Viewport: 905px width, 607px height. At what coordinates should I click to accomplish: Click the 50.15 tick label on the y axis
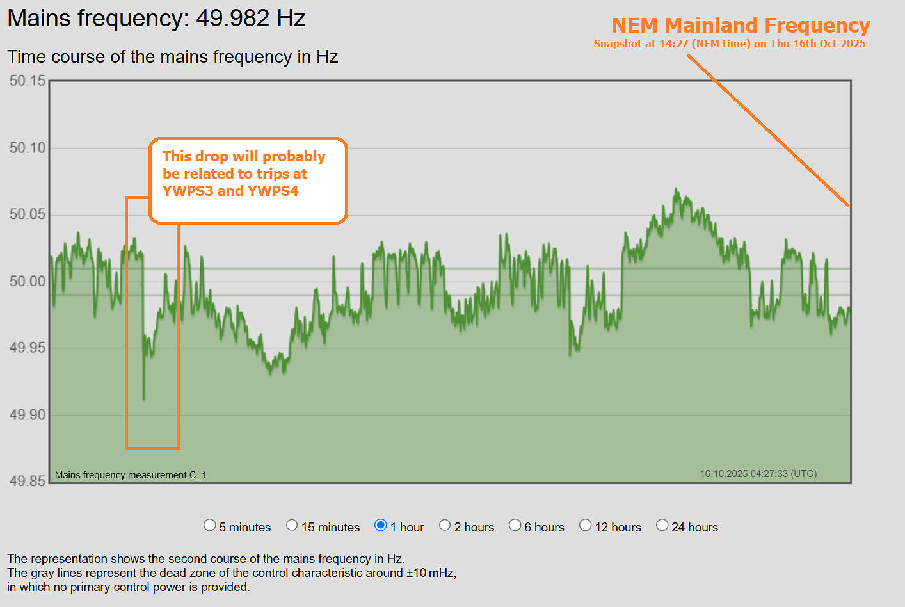[28, 81]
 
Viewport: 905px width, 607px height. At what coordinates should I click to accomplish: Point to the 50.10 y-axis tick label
[28, 148]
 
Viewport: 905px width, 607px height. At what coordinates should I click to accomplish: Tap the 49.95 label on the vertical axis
[28, 348]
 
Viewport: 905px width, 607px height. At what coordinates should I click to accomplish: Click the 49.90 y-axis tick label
[28, 415]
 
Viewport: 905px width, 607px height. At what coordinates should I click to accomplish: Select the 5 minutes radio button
[209, 525]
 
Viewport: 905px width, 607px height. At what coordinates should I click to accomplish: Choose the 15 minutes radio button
[292, 525]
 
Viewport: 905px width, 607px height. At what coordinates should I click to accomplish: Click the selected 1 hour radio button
[381, 525]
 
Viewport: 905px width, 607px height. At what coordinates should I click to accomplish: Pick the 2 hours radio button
[445, 525]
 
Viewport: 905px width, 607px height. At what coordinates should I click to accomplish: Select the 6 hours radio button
[515, 525]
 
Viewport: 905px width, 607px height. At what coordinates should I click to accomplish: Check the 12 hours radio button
[585, 525]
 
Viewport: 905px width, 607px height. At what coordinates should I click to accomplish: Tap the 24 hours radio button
[662, 525]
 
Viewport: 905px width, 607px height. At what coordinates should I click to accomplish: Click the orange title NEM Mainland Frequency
[741, 26]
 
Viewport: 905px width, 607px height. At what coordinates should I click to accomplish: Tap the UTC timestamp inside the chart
[758, 474]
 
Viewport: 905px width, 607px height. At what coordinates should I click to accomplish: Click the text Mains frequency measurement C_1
[131, 475]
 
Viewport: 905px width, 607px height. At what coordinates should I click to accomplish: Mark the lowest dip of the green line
[143, 400]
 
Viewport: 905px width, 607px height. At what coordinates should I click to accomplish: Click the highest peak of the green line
[676, 190]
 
